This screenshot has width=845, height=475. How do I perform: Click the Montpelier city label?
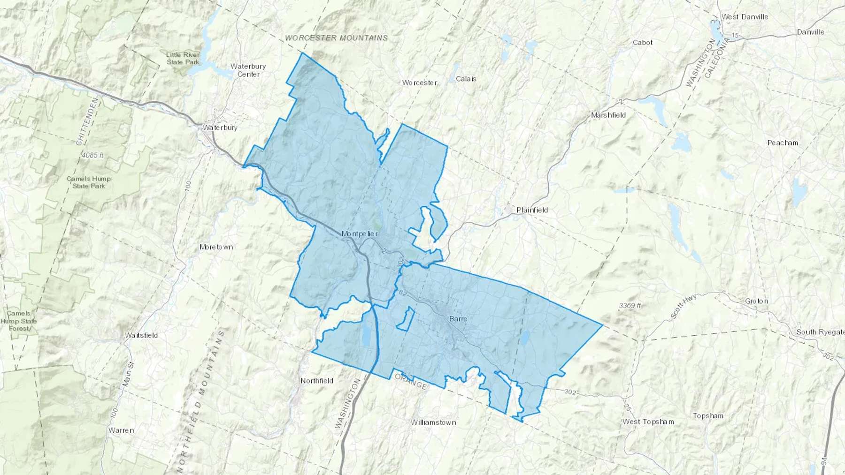click(x=360, y=234)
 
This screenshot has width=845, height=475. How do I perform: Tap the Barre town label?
click(x=458, y=319)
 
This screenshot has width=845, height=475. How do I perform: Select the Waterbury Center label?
click(x=248, y=70)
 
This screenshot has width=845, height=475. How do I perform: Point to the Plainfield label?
click(x=532, y=210)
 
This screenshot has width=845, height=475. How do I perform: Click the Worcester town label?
click(x=420, y=83)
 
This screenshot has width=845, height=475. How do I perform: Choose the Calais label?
click(x=466, y=79)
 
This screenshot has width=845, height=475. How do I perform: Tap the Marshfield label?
click(x=608, y=115)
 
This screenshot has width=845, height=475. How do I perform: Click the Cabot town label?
click(x=643, y=43)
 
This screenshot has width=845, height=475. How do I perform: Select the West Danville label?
click(x=745, y=17)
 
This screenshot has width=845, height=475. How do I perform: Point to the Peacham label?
click(x=783, y=143)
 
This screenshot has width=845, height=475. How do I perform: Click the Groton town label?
click(x=757, y=301)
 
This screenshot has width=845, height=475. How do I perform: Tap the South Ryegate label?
click(x=820, y=332)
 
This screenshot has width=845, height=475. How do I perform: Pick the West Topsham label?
click(x=648, y=422)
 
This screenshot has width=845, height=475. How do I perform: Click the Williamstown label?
click(x=433, y=422)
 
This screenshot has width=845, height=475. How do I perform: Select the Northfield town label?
click(x=317, y=381)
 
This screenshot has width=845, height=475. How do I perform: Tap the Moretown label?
click(x=216, y=247)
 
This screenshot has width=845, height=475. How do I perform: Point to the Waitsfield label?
click(x=141, y=335)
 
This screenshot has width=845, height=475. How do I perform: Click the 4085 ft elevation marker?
click(x=92, y=155)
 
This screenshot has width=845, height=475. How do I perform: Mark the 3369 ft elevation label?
click(x=630, y=306)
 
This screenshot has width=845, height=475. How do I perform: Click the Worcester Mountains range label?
click(x=337, y=38)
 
